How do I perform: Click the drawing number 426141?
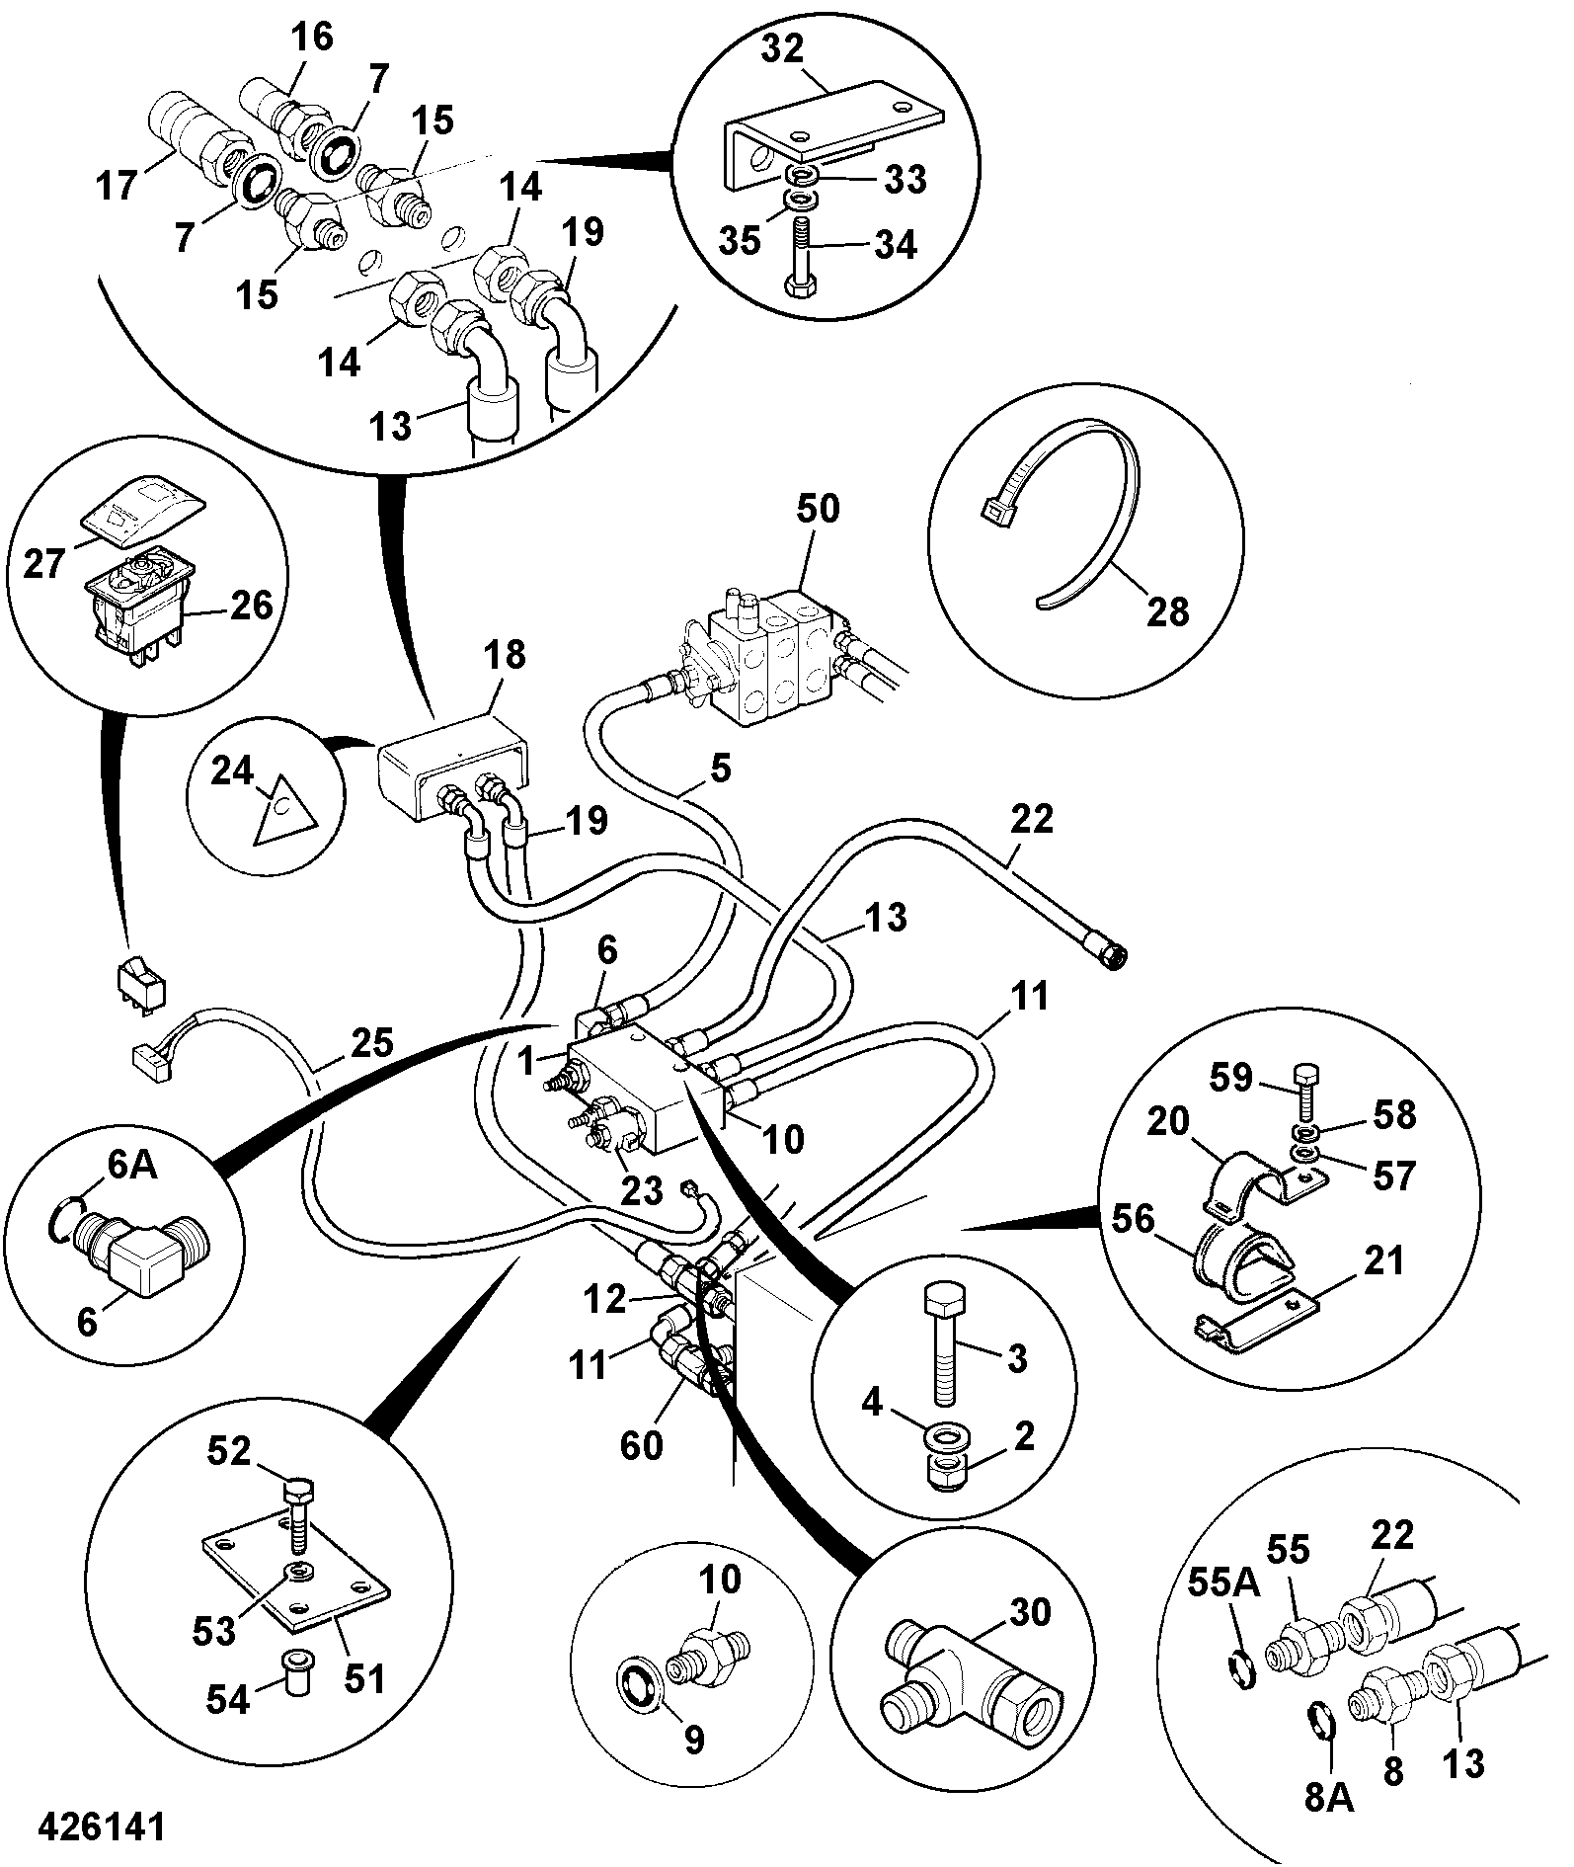103,1826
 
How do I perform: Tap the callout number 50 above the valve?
818,509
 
